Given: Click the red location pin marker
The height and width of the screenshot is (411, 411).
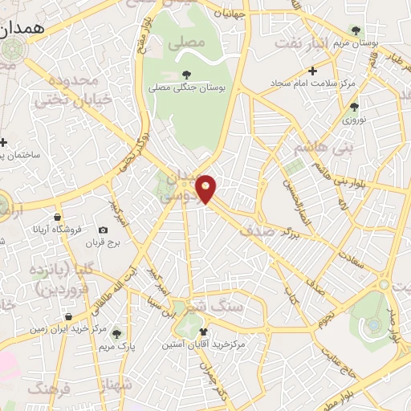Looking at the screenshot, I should (206, 189).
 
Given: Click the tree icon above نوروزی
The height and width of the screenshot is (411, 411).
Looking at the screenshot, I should (354, 107).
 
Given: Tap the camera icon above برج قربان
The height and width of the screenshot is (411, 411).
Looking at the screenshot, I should (103, 230).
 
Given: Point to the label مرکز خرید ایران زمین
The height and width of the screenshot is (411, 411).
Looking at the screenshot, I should (67, 328).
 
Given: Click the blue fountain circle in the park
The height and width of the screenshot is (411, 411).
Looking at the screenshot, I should (372, 324).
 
